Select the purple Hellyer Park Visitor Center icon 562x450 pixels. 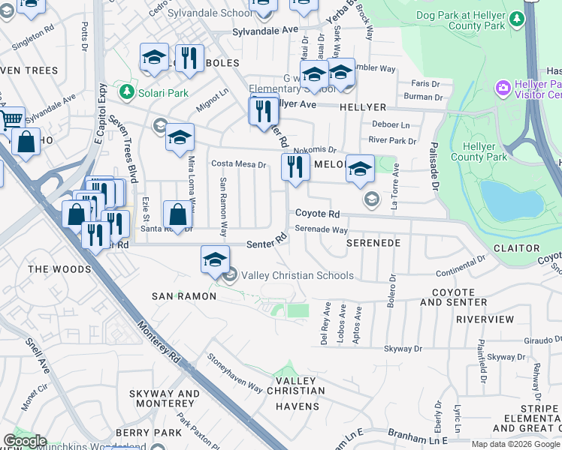(503, 88)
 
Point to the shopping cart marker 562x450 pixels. (11, 118)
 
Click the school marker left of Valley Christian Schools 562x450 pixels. (215, 259)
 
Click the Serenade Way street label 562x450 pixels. (321, 229)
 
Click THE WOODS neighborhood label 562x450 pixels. (59, 268)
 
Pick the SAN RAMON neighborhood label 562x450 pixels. (184, 296)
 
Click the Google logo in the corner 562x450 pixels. (25, 441)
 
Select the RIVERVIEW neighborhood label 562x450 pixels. (485, 319)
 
